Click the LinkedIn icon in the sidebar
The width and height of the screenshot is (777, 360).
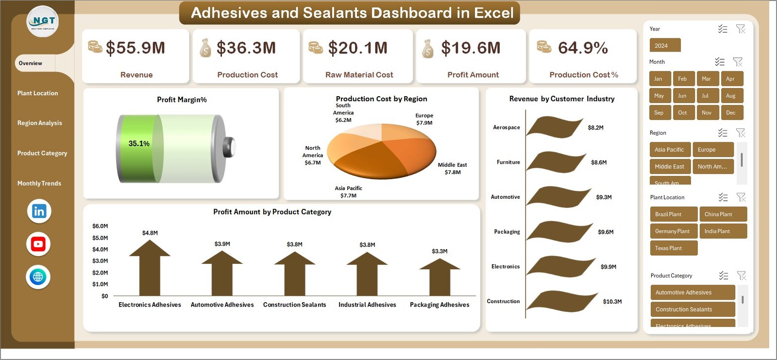pyautogui.click(x=39, y=211)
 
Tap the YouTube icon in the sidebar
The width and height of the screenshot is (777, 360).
pyautogui.click(x=38, y=244)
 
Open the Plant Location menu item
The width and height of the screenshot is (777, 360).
pyautogui.click(x=37, y=93)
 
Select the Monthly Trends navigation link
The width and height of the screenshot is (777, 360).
pyautogui.click(x=39, y=183)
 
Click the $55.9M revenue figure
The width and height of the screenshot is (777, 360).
pyautogui.click(x=135, y=48)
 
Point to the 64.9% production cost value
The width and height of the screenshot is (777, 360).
pyautogui.click(x=583, y=48)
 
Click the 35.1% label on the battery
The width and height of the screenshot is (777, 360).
pyautogui.click(x=139, y=144)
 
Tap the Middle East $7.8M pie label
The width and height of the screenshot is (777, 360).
pyautogui.click(x=452, y=169)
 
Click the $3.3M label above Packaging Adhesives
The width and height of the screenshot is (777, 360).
pyautogui.click(x=439, y=251)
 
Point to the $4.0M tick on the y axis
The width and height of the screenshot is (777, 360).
pyautogui.click(x=100, y=249)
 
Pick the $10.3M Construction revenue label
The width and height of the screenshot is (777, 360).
pyautogui.click(x=612, y=302)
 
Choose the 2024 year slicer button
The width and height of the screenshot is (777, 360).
pyautogui.click(x=665, y=46)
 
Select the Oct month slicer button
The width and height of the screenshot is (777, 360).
pyautogui.click(x=682, y=113)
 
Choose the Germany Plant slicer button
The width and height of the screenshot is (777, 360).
pyautogui.click(x=673, y=231)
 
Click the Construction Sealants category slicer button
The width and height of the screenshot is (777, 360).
pyautogui.click(x=692, y=309)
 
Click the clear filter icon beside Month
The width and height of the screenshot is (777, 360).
pyautogui.click(x=738, y=62)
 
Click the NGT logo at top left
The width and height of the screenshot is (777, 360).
pyautogui.click(x=43, y=21)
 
